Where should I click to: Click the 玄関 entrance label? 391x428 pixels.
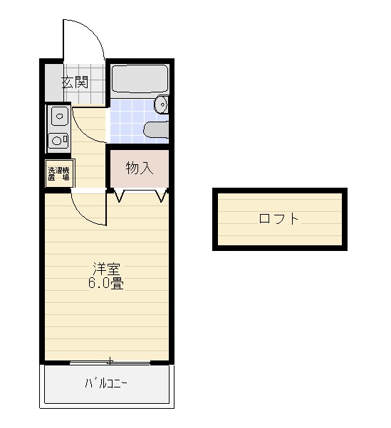pyautogui.click(x=74, y=82)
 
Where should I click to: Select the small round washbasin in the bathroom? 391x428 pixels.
pyautogui.click(x=163, y=105)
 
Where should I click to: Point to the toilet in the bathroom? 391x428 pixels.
pyautogui.click(x=156, y=129)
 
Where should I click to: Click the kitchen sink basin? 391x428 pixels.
pyautogui.click(x=58, y=115)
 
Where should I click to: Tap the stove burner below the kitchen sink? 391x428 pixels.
pyautogui.click(x=58, y=140)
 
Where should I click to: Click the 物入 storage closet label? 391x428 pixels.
pyautogui.click(x=140, y=168)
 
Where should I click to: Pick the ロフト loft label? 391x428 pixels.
pyautogui.click(x=278, y=219)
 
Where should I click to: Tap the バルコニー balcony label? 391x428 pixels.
pyautogui.click(x=106, y=384)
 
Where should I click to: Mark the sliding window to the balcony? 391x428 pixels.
pyautogui.click(x=110, y=363)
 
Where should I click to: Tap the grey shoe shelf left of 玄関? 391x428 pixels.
pyautogui.click(x=49, y=82)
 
